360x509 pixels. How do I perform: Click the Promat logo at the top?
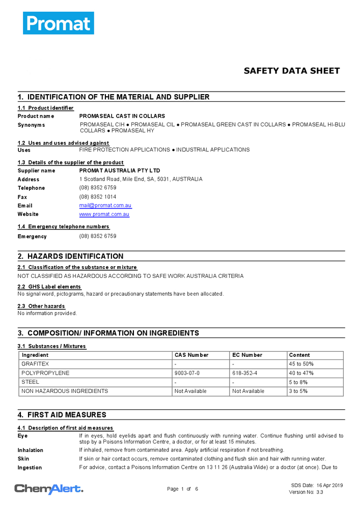click(58, 23)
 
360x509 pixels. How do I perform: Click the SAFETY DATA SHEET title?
click(291, 71)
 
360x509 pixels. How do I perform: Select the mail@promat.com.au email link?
click(105, 206)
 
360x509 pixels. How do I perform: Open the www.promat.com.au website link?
click(104, 214)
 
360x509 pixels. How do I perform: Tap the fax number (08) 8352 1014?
click(97, 197)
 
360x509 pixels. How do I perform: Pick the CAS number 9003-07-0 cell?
click(187, 373)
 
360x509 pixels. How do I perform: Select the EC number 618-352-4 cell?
click(245, 373)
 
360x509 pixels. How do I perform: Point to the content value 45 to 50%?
click(301, 364)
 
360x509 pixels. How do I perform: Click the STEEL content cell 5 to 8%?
click(299, 382)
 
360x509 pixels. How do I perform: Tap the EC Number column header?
click(247, 355)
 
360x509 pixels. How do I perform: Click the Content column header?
click(299, 355)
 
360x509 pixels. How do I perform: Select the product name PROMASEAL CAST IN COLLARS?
click(122, 116)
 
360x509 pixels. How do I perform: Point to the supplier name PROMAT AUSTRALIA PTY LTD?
click(120, 171)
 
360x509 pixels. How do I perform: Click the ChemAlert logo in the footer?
click(48, 489)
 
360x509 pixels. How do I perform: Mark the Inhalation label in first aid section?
click(31, 450)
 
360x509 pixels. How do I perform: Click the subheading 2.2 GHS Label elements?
click(49, 287)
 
